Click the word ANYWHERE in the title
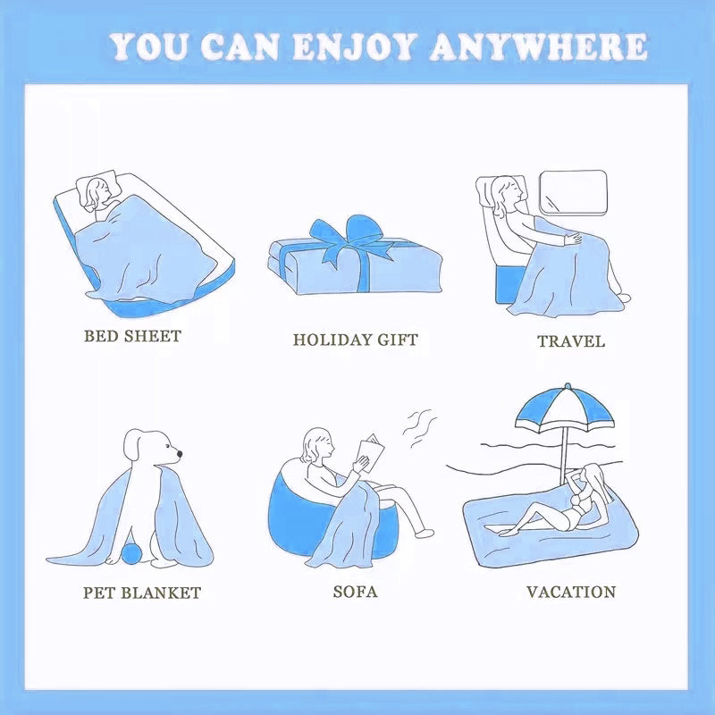(x=539, y=46)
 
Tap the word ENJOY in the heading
(x=354, y=46)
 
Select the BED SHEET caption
(x=132, y=336)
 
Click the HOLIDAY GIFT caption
(x=355, y=340)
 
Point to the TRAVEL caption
(x=571, y=341)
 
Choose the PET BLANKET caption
(x=142, y=593)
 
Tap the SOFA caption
(x=355, y=592)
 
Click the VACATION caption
(x=571, y=592)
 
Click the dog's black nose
(x=180, y=454)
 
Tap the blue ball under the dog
(x=131, y=553)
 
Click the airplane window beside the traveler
(x=573, y=192)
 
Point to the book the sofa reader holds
(x=370, y=450)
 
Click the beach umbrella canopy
(x=565, y=409)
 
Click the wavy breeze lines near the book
(x=419, y=428)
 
